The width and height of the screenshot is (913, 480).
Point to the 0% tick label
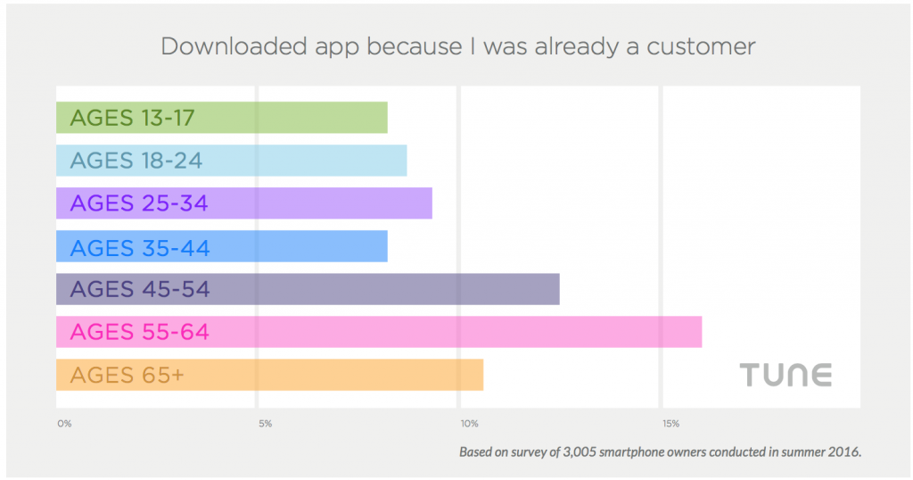click(63, 424)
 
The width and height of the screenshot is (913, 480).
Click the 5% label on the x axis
click(265, 424)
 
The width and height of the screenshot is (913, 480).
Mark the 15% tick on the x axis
click(671, 424)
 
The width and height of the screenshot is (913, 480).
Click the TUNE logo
click(786, 375)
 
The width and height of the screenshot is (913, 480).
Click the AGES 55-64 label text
click(139, 332)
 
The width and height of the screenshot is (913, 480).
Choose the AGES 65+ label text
click(127, 375)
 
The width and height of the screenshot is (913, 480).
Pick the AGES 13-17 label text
click(132, 118)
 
